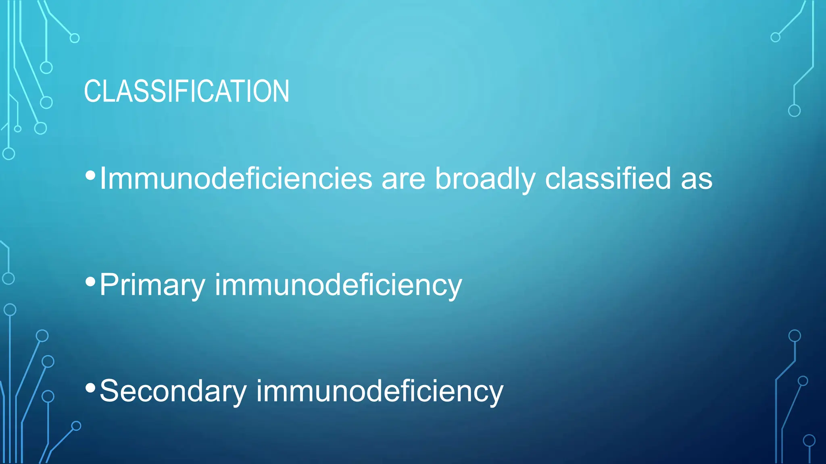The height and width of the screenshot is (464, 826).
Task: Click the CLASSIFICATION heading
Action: coord(186,91)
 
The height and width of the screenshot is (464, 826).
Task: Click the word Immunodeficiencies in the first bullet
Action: coord(236,178)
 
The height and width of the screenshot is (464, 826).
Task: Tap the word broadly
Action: coord(485,178)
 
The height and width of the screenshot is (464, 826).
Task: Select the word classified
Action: coord(608,178)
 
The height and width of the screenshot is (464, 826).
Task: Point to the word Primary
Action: coord(152,285)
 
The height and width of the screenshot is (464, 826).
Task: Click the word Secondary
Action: coord(173,391)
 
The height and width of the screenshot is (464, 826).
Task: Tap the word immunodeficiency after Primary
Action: coord(338,285)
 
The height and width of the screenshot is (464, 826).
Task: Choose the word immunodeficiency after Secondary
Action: coord(380,391)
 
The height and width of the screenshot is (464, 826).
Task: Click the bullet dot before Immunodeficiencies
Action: coord(91,175)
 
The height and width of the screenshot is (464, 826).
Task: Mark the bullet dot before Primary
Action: coord(91,282)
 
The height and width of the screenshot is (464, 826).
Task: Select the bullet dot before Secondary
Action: coord(91,387)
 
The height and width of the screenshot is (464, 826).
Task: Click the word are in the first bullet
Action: coord(403,178)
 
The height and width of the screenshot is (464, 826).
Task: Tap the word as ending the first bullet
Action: coord(697,178)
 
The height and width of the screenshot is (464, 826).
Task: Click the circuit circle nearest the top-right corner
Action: coord(775,37)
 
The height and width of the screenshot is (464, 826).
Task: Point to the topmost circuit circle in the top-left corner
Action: coord(75,38)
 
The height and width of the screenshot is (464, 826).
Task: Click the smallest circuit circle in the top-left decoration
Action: coord(18,129)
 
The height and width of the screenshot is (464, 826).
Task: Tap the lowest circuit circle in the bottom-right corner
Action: coord(809,441)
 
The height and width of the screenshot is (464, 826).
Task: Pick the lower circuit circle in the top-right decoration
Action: coord(794,110)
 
